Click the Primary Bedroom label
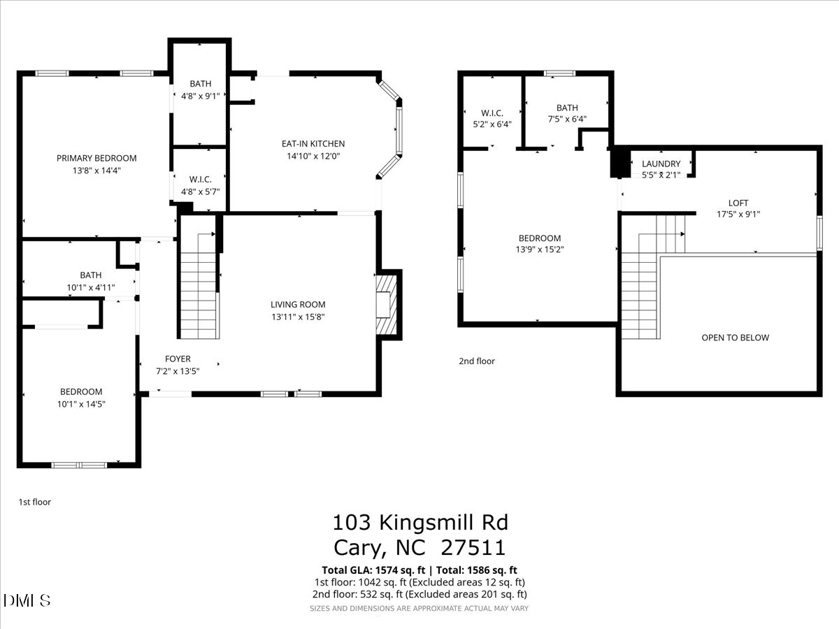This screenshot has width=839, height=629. coord(96,158)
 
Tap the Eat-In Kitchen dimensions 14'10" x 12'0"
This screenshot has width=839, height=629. coord(313,157)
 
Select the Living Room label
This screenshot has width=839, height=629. coord(298,304)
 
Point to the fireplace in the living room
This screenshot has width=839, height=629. coord(386,305)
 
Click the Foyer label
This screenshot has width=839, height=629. coord(178,359)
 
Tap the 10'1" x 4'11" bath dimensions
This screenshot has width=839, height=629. coord(90,287)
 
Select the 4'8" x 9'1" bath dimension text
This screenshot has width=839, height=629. coord(200,96)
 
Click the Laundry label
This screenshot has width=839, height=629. coord(661,164)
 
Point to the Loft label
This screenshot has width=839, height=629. coord(738,203)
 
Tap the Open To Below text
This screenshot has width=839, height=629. coord(735,338)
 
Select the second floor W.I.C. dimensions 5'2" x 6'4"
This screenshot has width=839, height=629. coord(492,124)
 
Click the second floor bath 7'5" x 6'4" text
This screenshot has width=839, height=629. coord(567,119)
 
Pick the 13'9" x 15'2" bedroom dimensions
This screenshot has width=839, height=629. coord(539,250)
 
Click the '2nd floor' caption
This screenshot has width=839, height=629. coord(477,361)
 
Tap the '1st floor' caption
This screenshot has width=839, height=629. coord(34,502)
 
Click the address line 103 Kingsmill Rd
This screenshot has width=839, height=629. coord(419,522)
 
